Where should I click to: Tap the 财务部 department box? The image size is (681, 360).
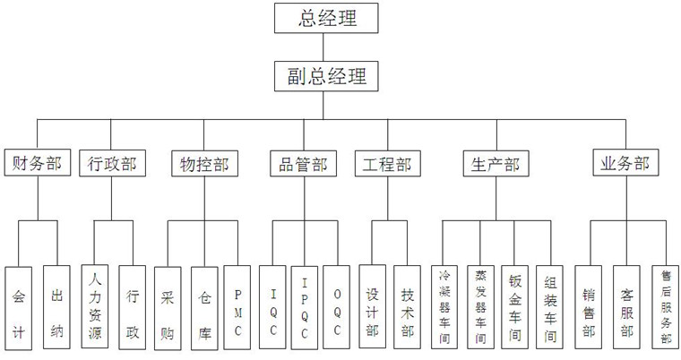(x=37, y=165)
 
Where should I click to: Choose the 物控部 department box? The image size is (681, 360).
(x=203, y=165)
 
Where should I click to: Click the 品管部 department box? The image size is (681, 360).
(x=298, y=165)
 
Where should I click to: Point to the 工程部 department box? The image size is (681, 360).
(x=386, y=165)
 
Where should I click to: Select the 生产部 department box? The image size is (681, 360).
(x=494, y=165)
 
